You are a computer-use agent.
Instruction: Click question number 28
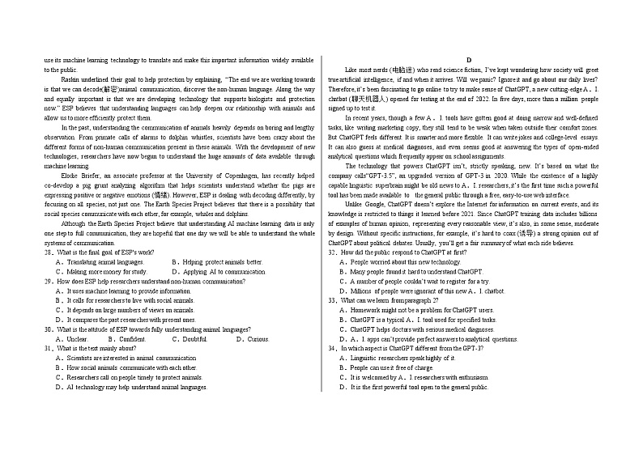49,252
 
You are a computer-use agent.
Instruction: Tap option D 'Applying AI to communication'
213,272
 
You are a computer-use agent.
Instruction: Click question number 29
49,282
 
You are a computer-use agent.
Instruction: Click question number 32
332,252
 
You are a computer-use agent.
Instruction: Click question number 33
332,300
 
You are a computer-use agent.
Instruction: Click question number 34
332,348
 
